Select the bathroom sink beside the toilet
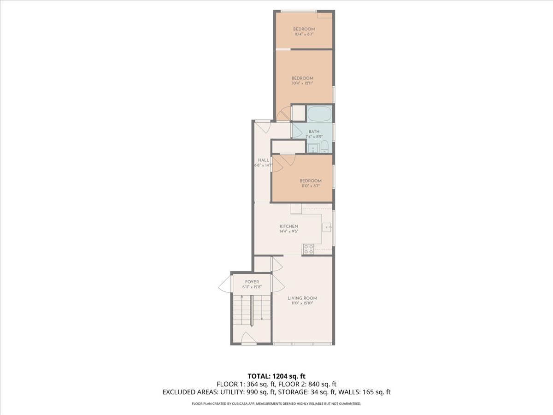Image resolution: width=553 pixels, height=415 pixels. click(313, 148)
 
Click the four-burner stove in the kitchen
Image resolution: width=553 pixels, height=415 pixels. click(308, 249)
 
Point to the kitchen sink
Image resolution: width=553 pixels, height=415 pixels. click(327, 227)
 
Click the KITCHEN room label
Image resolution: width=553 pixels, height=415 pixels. click(289, 226)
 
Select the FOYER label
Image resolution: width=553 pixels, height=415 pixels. click(252, 282)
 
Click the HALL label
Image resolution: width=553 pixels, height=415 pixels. click(263, 160)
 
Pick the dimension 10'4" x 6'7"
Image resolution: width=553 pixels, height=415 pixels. click(304, 34)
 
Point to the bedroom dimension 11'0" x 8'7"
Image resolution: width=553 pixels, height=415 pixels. click(310, 186)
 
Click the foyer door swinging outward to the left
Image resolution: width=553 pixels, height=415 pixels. click(224, 284)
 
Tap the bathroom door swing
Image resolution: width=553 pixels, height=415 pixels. click(297, 130)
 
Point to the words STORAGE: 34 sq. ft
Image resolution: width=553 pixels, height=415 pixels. click(306, 392)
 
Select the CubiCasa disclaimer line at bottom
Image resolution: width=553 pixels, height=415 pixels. click(276, 404)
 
